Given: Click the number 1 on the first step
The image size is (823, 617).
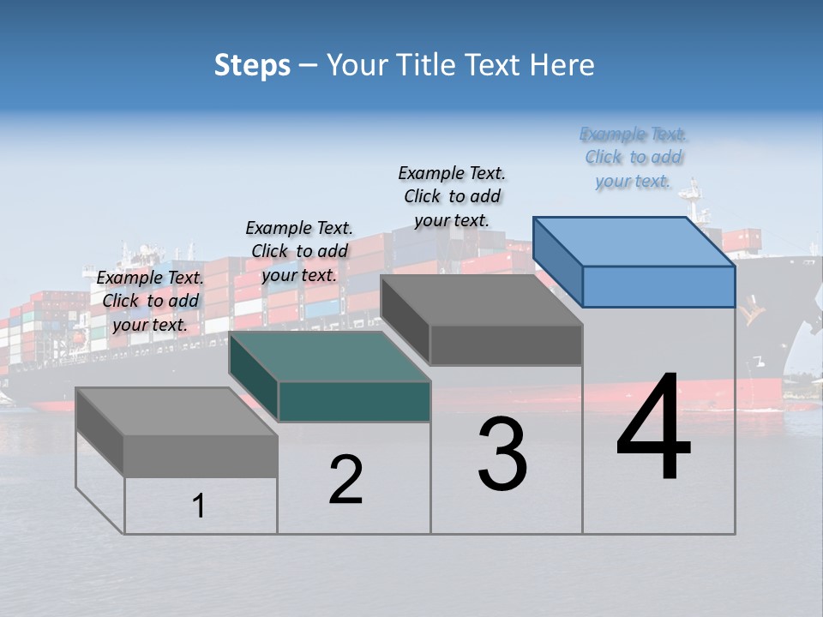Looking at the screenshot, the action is click(x=199, y=506).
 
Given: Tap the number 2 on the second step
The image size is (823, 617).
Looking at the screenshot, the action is click(x=345, y=480).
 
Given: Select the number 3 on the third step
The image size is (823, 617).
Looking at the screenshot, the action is click(x=502, y=454).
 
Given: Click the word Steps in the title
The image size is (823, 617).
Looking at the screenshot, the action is click(x=252, y=65).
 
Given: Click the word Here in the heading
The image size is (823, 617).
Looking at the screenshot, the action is click(x=562, y=65).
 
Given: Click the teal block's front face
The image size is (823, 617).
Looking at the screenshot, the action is click(x=354, y=402).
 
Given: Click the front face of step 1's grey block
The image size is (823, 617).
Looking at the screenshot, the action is click(x=201, y=456).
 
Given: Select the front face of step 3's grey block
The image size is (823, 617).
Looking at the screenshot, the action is click(x=506, y=344).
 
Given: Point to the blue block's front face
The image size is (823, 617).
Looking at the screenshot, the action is click(x=658, y=286).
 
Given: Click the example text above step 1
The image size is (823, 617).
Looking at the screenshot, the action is click(x=151, y=301).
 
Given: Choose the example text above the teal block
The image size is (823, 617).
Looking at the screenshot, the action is click(x=299, y=251).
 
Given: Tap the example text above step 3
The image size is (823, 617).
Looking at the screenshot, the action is click(x=452, y=196).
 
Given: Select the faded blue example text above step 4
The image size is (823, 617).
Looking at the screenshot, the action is click(x=634, y=157).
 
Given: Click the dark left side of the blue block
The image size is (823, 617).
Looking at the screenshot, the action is click(x=557, y=260).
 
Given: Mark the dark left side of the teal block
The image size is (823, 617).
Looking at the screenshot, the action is click(x=254, y=376).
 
